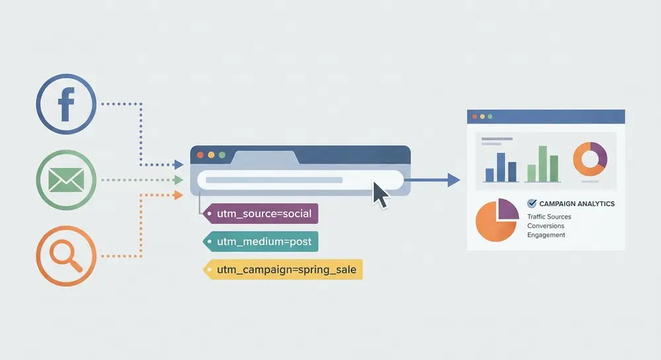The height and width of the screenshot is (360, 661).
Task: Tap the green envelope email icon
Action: pyautogui.click(x=66, y=180)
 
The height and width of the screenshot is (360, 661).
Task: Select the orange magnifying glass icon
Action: pyautogui.click(x=66, y=256)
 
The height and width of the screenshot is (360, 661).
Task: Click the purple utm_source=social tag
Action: pyautogui.click(x=260, y=213)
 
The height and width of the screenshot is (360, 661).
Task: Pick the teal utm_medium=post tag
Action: pyautogui.click(x=260, y=241)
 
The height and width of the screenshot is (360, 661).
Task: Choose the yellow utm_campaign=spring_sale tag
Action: pyautogui.click(x=283, y=270)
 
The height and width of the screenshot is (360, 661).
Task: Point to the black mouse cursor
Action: pyautogui.click(x=380, y=194)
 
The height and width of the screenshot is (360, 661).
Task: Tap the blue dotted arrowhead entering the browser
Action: pyautogui.click(x=178, y=164)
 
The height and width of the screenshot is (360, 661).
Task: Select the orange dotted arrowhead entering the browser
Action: pyautogui.click(x=178, y=195)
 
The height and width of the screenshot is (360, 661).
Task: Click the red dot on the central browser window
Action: pyautogui.click(x=200, y=155)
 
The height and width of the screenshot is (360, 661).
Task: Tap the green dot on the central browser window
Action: pyautogui.click(x=222, y=155)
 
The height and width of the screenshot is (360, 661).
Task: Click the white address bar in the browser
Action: pyautogui.click(x=300, y=180)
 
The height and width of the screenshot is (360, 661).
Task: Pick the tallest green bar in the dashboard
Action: pyautogui.click(x=543, y=164)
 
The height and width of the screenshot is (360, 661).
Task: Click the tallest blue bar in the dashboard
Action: pyautogui.click(x=501, y=167)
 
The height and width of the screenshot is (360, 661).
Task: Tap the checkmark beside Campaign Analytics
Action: pyautogui.click(x=531, y=203)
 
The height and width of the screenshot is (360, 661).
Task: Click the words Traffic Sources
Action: pyautogui.click(x=549, y=217)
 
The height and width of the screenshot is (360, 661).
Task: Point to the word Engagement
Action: pyautogui.click(x=546, y=235)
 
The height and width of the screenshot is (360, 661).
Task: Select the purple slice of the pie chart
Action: pyautogui.click(x=508, y=209)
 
